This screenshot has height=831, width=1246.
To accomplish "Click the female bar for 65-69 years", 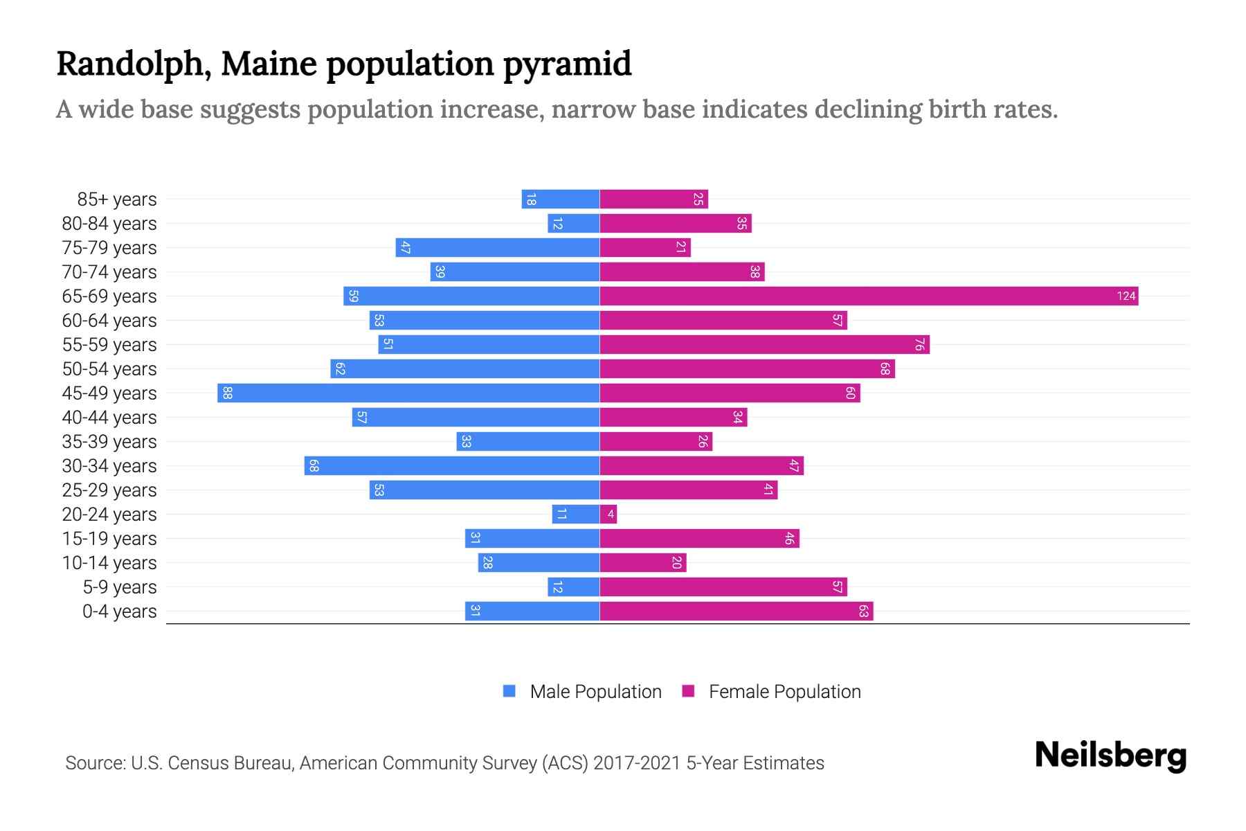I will (x=869, y=296).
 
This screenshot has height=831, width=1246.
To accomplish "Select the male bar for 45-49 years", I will (x=408, y=393).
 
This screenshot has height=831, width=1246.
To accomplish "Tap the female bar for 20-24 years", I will (x=608, y=515).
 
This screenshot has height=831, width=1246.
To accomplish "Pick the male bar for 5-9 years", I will (x=573, y=587).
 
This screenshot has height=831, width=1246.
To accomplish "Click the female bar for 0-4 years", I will (x=736, y=611).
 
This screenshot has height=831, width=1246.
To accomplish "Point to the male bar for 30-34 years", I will (x=451, y=466).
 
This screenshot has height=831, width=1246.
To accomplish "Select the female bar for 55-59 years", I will (x=764, y=345).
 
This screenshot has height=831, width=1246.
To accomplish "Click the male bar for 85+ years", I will (x=560, y=199).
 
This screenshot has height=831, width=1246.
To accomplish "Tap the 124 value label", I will (x=1126, y=296).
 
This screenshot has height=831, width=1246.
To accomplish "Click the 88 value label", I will (x=227, y=393).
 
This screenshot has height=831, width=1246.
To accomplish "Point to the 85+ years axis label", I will (x=116, y=199).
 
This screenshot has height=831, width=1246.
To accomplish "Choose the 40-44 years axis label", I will (x=109, y=418).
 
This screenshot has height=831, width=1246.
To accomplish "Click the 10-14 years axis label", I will (x=109, y=563).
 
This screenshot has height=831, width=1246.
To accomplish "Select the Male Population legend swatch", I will (x=509, y=691).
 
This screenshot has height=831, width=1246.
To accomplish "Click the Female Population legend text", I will (x=784, y=692).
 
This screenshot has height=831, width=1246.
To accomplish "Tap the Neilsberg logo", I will (x=1110, y=756).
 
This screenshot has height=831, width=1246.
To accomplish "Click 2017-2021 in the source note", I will (x=636, y=763).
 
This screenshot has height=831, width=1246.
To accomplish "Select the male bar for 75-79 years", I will (x=497, y=248).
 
